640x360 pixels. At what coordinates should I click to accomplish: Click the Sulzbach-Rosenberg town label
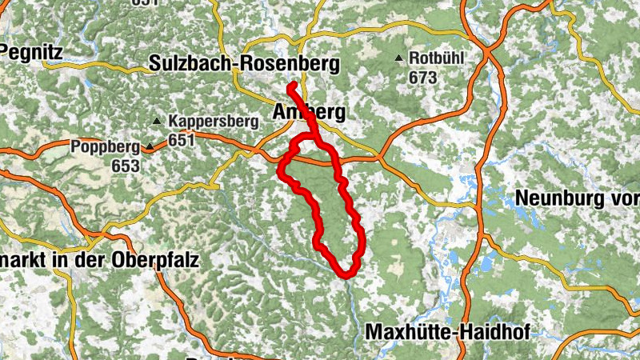244,64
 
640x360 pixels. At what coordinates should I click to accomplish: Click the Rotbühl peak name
436,58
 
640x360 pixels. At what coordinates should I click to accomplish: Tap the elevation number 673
422,78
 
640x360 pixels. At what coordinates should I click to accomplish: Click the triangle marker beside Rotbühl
399,58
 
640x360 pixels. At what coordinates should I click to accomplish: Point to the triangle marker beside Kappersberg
157,122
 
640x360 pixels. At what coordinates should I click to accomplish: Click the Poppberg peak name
105,147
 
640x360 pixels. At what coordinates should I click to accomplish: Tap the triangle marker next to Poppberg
150,147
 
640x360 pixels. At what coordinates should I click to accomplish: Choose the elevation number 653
126,166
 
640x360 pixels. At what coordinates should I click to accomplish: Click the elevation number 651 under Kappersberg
182,140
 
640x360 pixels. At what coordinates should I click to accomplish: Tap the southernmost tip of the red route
347,275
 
